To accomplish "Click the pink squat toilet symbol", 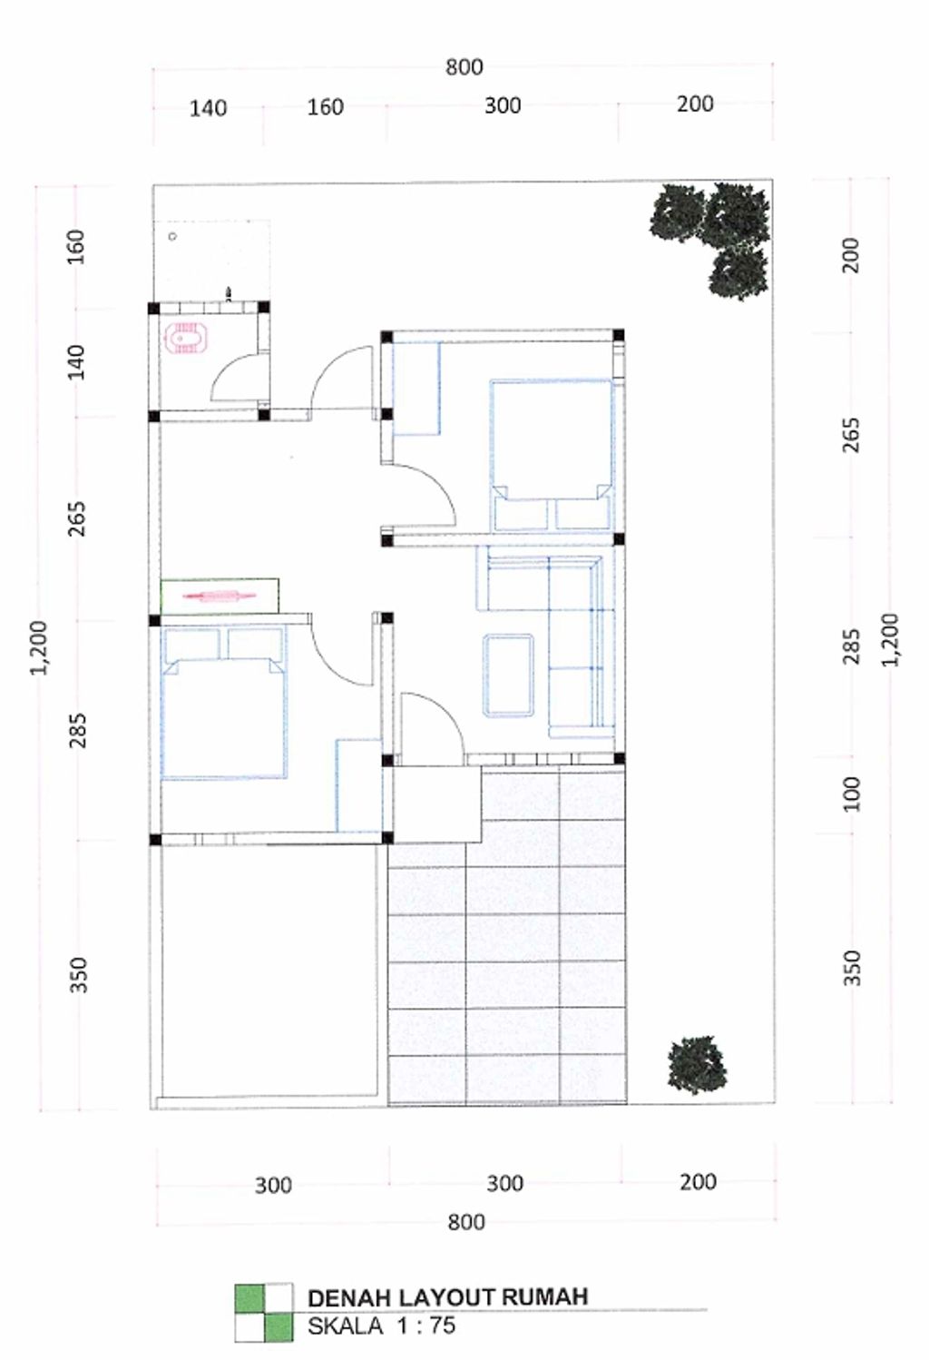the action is (186, 338).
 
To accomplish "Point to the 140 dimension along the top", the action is (208, 109).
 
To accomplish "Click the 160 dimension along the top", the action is (326, 107).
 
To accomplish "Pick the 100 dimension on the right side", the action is (852, 793).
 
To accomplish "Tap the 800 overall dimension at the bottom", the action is (466, 1222).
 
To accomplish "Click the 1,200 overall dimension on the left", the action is (40, 647).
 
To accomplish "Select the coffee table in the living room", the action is (508, 675).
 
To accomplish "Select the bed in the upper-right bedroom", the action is (552, 456).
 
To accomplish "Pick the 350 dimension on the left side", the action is (79, 974).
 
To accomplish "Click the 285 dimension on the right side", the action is (852, 646).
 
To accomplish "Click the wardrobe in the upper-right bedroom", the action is (416, 389).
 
